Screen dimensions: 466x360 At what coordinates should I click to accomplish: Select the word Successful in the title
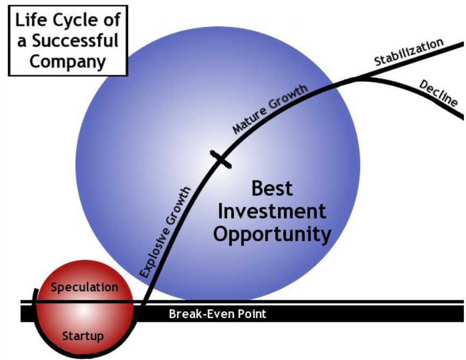[75, 41]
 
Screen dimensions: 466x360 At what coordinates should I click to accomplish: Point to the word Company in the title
[68, 62]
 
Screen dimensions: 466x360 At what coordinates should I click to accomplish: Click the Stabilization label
[409, 52]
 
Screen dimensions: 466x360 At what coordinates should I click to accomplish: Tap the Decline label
[438, 93]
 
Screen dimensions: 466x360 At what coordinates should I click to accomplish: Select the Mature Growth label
[270, 109]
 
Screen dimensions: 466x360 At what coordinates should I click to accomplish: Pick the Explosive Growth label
[165, 232]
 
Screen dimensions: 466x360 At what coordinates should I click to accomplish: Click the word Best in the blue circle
[272, 188]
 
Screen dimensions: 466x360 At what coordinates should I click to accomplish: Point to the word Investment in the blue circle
[272, 212]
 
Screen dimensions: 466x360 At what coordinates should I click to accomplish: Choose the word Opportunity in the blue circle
[272, 235]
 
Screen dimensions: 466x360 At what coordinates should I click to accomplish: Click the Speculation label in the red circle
[84, 287]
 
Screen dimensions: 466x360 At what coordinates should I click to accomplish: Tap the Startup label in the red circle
[83, 336]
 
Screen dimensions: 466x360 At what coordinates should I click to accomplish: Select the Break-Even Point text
[218, 314]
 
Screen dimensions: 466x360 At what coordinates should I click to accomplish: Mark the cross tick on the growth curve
[220, 160]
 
